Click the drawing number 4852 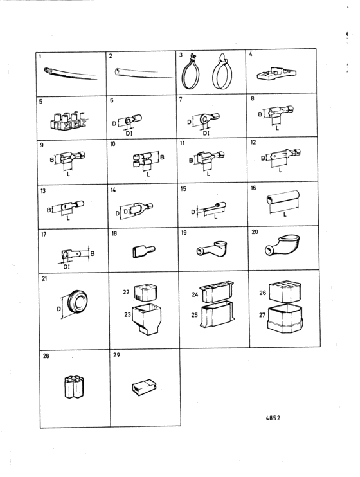[x=273, y=418]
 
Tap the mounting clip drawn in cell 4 [x=276, y=74]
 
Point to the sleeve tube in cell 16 [x=283, y=198]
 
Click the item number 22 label [x=126, y=292]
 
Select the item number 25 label [x=194, y=315]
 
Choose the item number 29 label [x=116, y=355]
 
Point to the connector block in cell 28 [x=75, y=387]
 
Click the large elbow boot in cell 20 [x=282, y=244]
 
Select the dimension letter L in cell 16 [x=285, y=215]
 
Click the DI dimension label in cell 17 [x=67, y=267]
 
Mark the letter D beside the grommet [x=59, y=309]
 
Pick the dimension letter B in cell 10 [x=162, y=157]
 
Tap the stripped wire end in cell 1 [x=47, y=71]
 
